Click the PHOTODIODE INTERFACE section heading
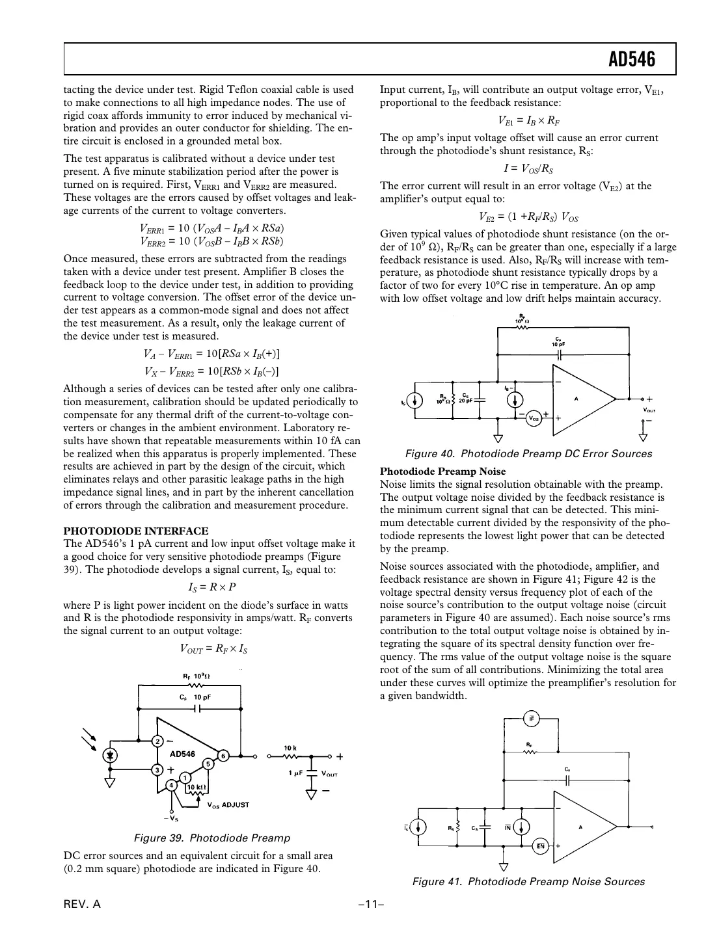136,531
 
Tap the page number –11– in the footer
368,905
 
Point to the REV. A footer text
82,905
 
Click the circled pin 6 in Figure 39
223,756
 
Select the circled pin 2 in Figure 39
157,741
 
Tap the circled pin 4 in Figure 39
171,786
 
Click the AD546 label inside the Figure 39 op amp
182,754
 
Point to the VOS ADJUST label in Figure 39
228,804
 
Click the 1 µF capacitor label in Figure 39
296,773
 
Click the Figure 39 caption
211,838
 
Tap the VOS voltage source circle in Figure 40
533,418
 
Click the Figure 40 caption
528,453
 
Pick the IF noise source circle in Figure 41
531,719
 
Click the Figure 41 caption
528,881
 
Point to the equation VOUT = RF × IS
213,648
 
